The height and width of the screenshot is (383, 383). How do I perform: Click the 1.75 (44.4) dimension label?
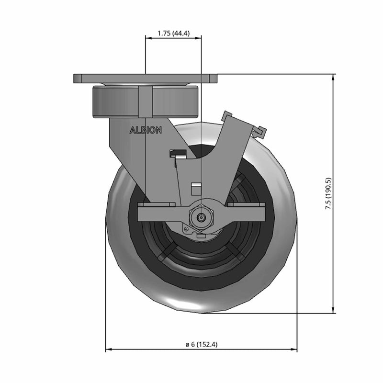point(173,33)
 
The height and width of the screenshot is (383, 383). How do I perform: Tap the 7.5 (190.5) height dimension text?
point(328,193)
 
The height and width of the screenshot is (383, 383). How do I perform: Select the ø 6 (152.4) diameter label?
point(201,344)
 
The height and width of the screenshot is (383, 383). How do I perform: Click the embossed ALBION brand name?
point(146,130)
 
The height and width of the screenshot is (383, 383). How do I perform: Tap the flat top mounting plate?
point(146,79)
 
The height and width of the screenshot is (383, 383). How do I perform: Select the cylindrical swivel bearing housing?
point(146,101)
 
